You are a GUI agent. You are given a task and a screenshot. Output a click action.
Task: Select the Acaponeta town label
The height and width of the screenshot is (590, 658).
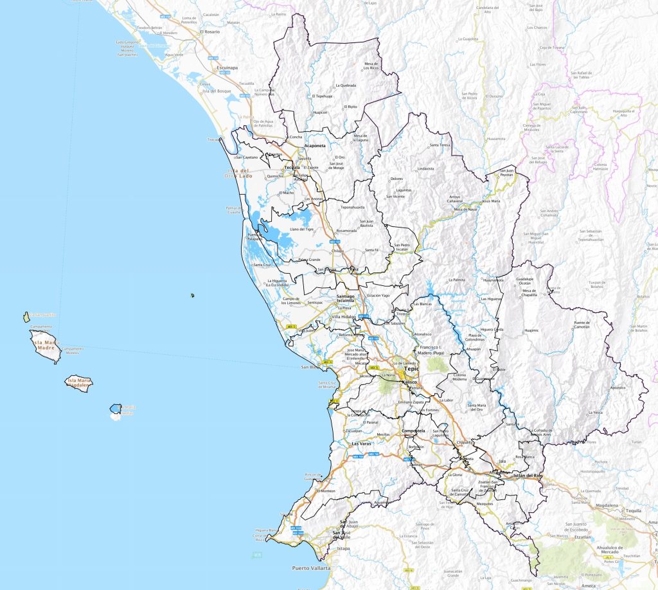click(x=316, y=145)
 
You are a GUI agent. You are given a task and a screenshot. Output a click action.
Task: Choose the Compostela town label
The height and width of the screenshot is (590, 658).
click(x=413, y=431)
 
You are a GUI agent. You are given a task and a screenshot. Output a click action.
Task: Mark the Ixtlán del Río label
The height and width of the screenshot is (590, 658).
click(x=527, y=476)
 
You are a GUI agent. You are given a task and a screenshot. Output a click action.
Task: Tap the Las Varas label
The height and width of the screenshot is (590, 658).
click(x=362, y=444)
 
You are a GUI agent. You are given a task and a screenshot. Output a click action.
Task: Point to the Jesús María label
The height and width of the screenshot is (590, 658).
click(x=490, y=201)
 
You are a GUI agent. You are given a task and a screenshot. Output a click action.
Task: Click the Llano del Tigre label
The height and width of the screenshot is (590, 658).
click(x=305, y=229)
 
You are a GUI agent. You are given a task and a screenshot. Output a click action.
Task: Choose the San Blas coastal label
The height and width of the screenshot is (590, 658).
click(x=311, y=368)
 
